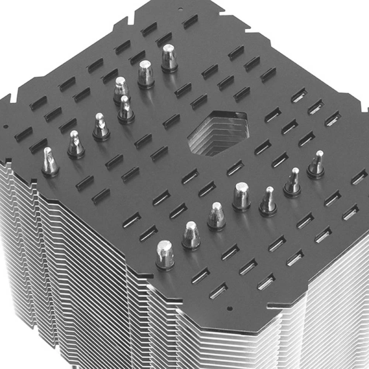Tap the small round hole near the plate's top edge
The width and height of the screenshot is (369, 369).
tap(180, 8)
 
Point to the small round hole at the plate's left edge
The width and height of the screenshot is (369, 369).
tap(5, 127)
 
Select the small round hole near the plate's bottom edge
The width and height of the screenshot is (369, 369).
tap(230, 307)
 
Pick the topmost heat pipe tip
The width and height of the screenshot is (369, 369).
tap(169, 58)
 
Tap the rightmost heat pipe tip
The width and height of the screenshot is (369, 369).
tap(316, 165)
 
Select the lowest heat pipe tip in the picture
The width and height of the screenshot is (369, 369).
tap(165, 255)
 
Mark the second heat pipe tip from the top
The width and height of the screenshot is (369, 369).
tap(146, 74)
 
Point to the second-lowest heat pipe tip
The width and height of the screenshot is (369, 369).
tap(191, 236)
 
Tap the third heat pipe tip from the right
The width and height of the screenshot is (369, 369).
tap(268, 201)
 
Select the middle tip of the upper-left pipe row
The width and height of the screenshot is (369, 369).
tap(125, 109)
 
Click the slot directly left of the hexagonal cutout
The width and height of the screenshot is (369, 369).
tap(172, 121)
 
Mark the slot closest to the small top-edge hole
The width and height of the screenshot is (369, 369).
tap(190, 21)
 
